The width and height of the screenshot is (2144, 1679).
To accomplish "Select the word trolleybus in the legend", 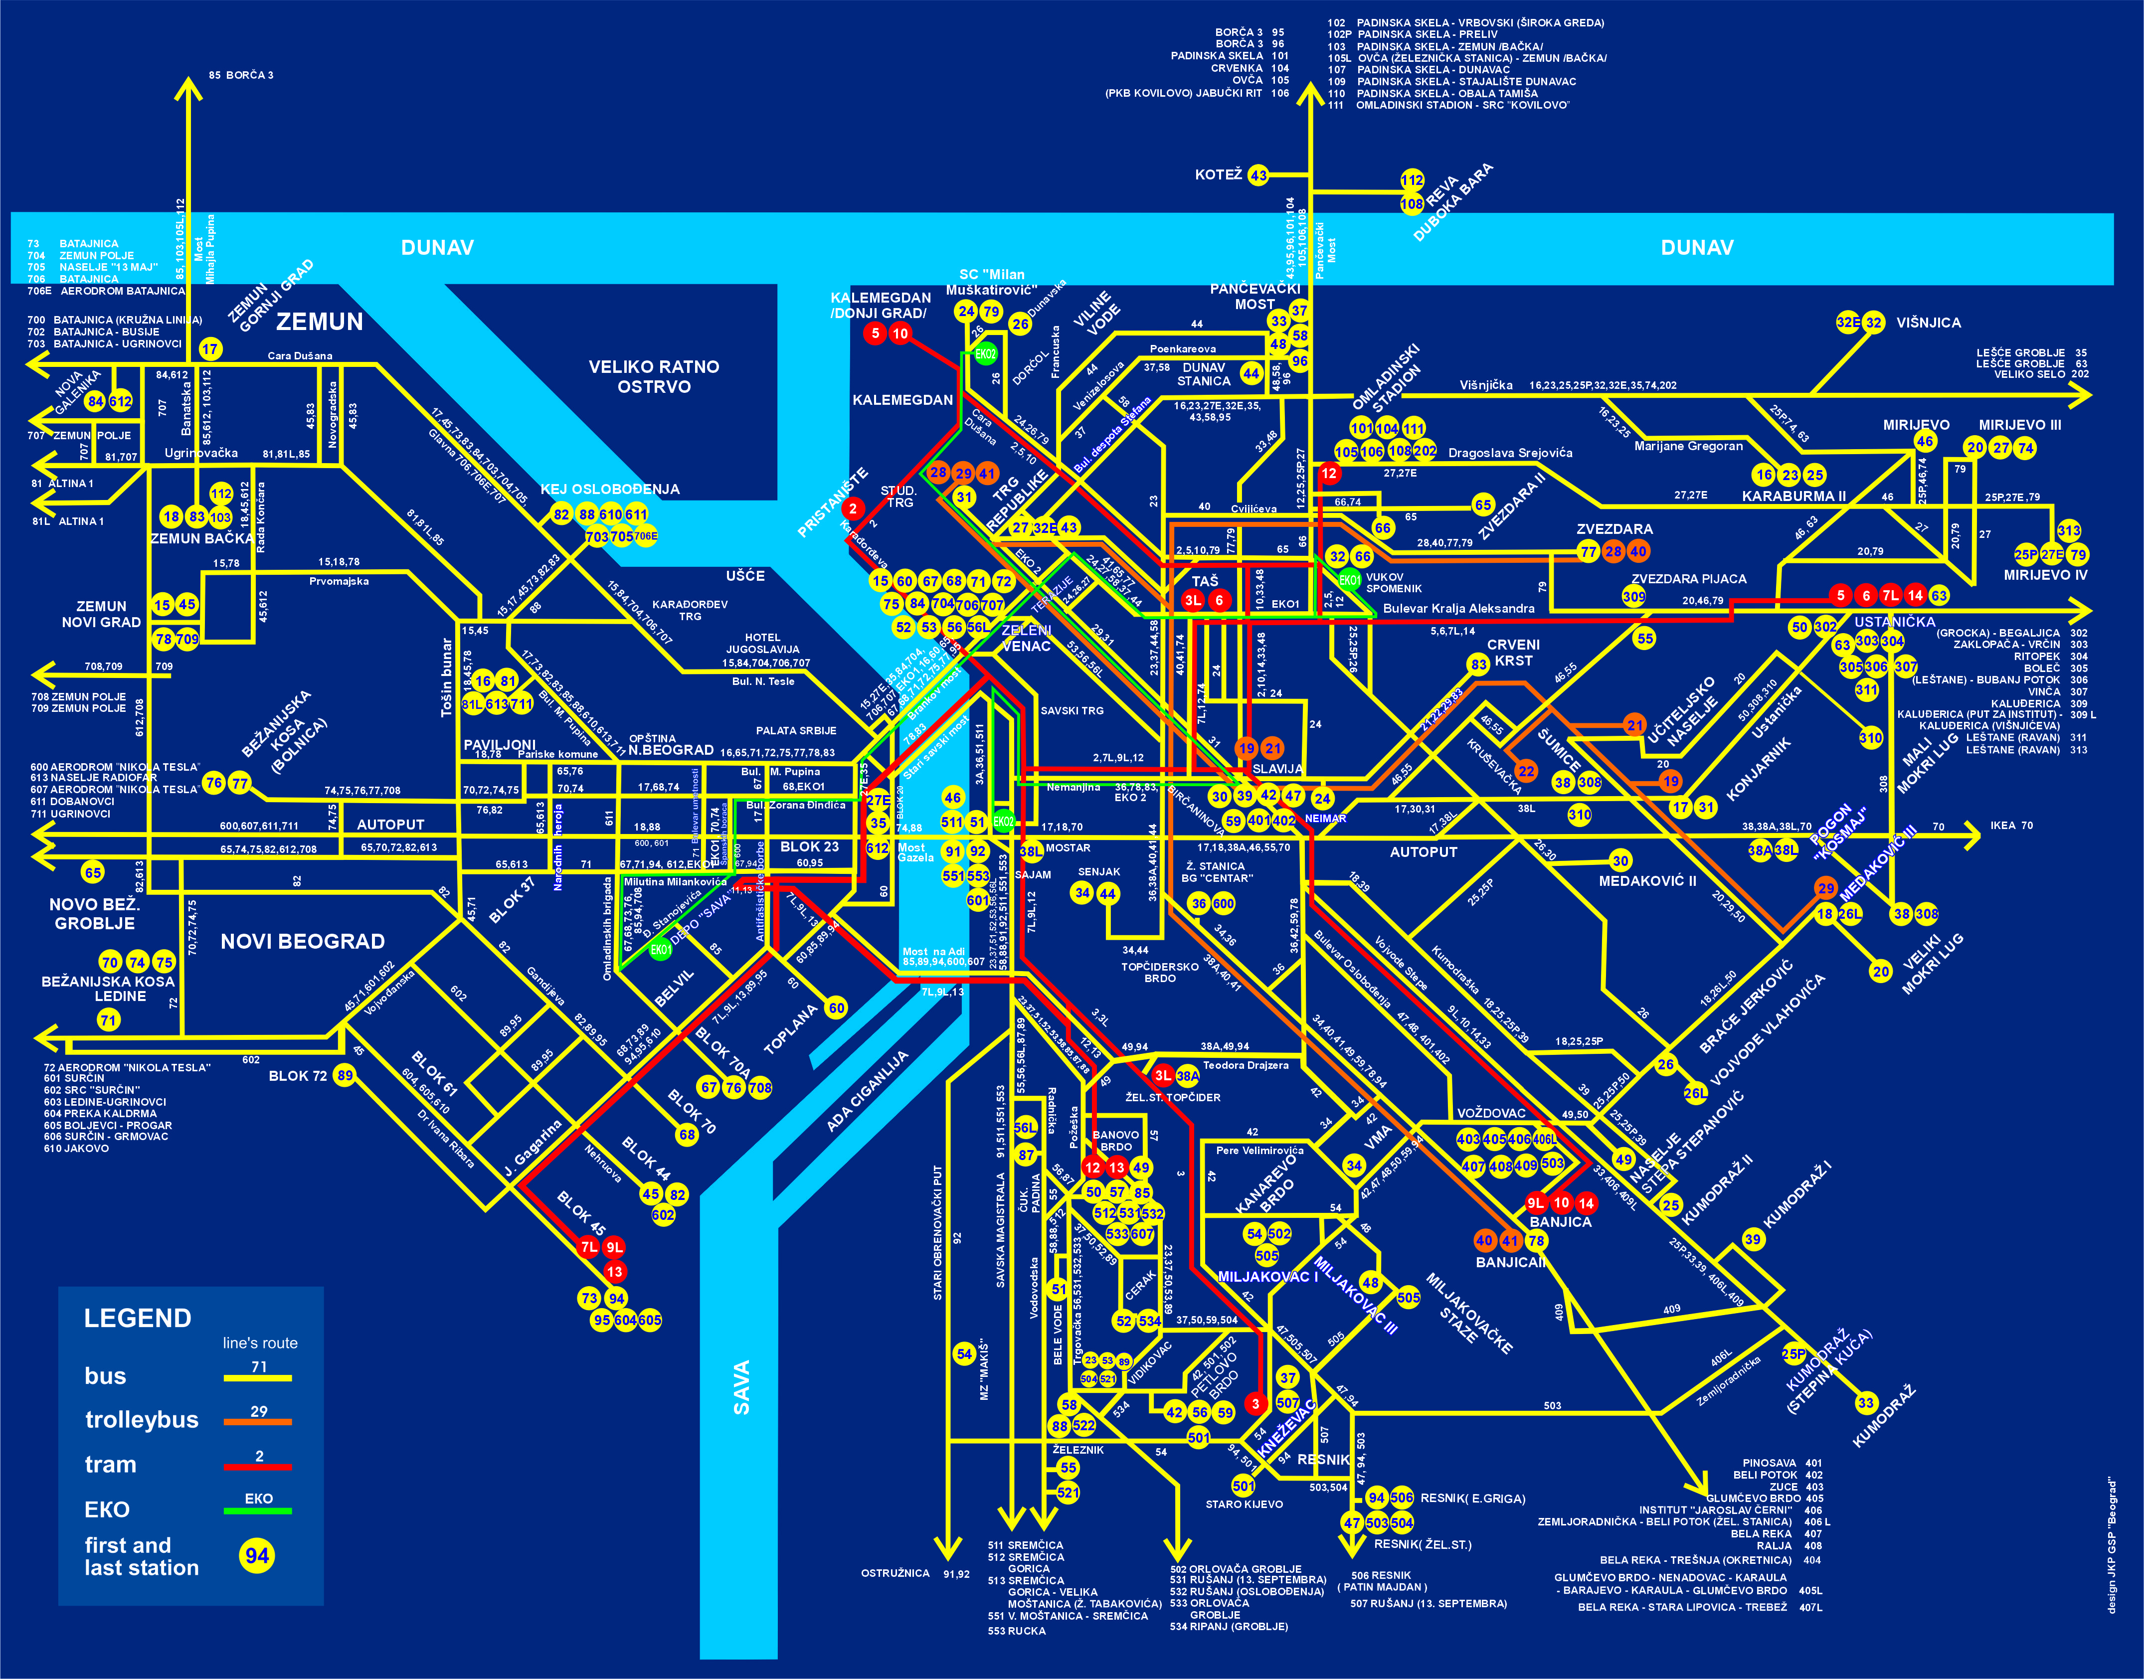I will click(x=142, y=1419).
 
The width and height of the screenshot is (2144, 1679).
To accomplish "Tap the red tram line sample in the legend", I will click(x=258, y=1466).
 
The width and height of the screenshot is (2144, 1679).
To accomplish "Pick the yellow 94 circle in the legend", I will click(x=257, y=1555).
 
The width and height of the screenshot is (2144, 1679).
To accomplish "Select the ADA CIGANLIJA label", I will click(x=867, y=1091).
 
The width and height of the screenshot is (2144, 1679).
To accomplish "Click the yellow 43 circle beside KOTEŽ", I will click(x=1258, y=175).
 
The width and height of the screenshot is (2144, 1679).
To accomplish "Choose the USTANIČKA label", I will click(x=1894, y=621).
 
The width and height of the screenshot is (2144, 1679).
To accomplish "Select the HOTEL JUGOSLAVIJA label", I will click(x=763, y=643).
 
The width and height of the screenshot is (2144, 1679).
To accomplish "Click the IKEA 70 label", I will click(x=2011, y=826).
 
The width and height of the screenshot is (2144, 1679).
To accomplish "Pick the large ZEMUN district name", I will click(x=320, y=322).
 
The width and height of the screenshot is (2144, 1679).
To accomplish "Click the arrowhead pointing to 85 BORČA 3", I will click(x=188, y=88).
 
